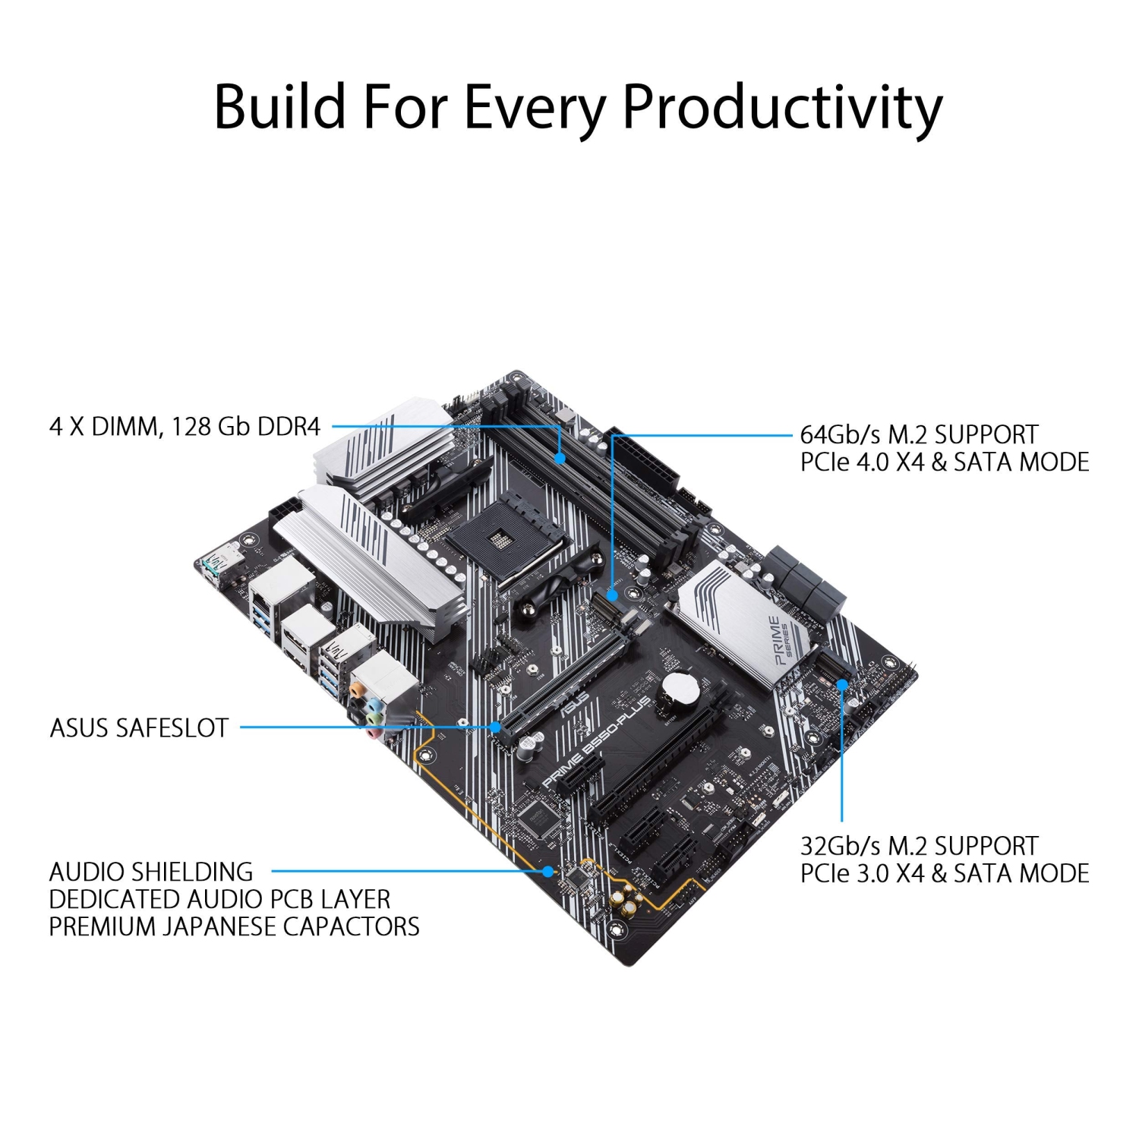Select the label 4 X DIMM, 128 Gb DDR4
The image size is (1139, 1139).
(185, 427)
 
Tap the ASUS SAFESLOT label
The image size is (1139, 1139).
(139, 728)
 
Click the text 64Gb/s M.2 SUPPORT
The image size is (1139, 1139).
(919, 435)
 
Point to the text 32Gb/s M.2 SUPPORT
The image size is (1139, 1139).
(919, 846)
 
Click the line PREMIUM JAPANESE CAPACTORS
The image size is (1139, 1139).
(234, 927)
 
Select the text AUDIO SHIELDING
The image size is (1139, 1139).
(151, 872)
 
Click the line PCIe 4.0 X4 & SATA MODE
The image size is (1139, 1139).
(945, 462)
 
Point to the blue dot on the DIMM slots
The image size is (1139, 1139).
(560, 458)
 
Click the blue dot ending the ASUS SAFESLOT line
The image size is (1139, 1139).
(496, 727)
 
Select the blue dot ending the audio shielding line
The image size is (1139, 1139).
(548, 872)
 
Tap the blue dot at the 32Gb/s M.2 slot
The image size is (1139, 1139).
(842, 684)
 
